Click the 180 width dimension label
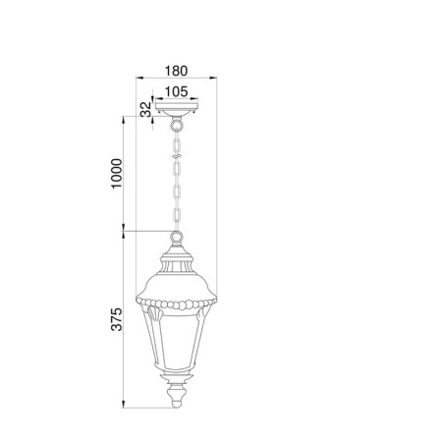click(x=176, y=71)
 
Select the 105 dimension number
click(x=176, y=91)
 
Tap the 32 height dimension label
click(x=146, y=109)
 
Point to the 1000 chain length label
click(x=116, y=173)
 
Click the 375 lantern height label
click(x=116, y=319)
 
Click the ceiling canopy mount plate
click(x=177, y=109)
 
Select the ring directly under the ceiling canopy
click(x=177, y=125)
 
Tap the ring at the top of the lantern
click(x=177, y=237)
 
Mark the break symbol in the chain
click(x=177, y=156)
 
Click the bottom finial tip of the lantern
click(x=177, y=404)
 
